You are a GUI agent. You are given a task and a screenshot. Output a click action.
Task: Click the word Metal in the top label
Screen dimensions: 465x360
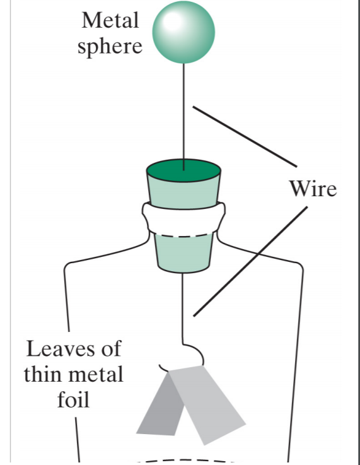coord(109,20)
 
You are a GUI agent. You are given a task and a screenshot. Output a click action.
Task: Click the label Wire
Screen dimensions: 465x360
coord(313,188)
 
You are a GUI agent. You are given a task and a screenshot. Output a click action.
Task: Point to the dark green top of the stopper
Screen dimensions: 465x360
coord(183,171)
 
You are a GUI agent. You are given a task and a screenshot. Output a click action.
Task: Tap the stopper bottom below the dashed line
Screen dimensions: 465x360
coord(183,252)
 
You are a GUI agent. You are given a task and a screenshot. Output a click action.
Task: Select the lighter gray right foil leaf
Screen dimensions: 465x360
coord(208,404)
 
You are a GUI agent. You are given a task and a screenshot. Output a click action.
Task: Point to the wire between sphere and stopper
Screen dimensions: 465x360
coord(183,114)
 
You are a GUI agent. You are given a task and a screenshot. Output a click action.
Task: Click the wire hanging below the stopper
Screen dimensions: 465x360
coord(183,309)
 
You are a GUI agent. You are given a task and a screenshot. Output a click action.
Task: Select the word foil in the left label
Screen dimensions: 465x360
coord(73,399)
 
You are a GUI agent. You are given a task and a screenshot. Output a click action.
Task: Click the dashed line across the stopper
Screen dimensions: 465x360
coord(183,236)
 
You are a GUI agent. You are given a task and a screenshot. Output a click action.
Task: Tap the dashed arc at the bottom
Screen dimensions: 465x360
coord(183,460)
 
